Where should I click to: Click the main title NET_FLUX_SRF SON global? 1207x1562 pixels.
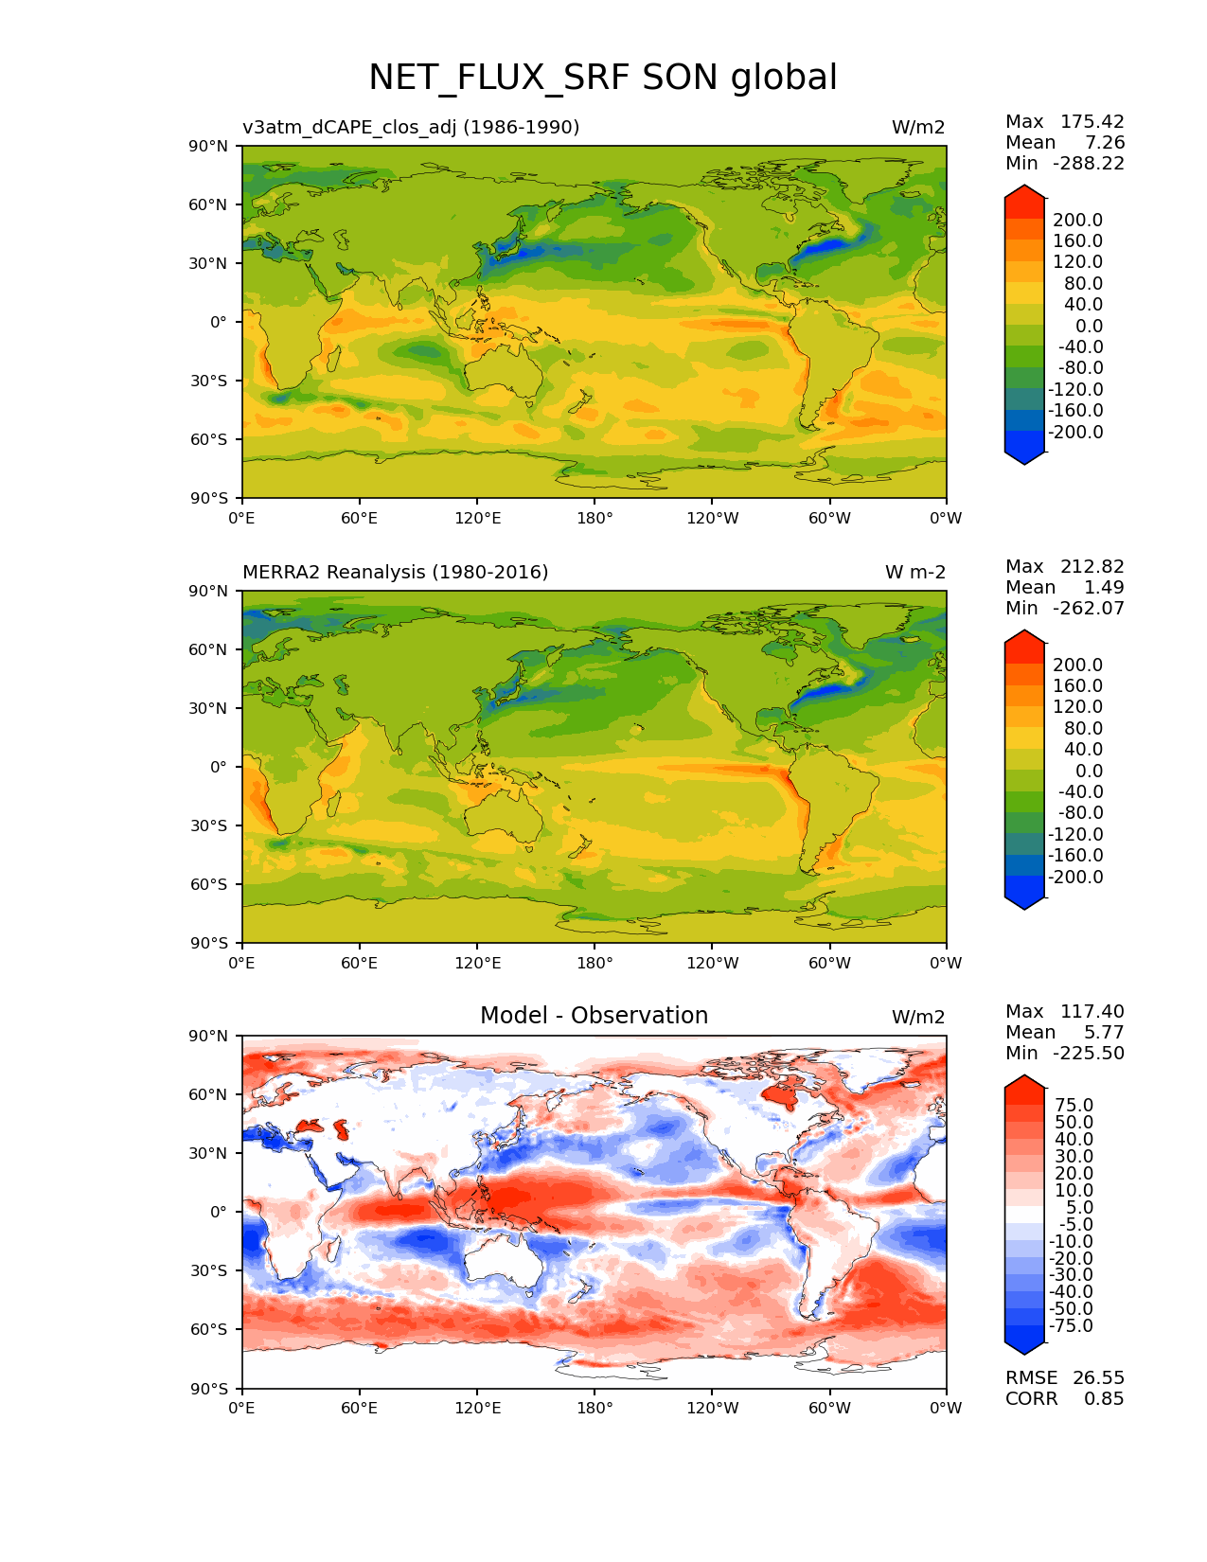pyautogui.click(x=602, y=78)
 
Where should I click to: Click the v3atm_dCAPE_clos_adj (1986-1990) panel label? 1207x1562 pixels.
pyautogui.click(x=411, y=127)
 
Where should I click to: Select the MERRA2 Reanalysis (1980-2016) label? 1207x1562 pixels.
pyautogui.click(x=395, y=572)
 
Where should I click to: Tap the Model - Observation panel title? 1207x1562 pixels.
pyautogui.click(x=594, y=1016)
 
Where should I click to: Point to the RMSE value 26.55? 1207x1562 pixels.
pyautogui.click(x=1098, y=1377)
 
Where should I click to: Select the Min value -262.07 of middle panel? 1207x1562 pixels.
pyautogui.click(x=1088, y=608)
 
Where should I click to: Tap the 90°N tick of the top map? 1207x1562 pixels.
pyautogui.click(x=209, y=146)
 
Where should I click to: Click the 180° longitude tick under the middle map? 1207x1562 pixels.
pyautogui.click(x=595, y=963)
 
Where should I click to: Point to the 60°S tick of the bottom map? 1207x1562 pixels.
pyautogui.click(x=209, y=1329)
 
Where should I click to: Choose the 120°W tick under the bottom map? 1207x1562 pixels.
pyautogui.click(x=712, y=1408)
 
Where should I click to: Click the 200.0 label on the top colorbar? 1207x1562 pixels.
pyautogui.click(x=1077, y=220)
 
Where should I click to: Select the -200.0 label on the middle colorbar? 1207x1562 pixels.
pyautogui.click(x=1075, y=877)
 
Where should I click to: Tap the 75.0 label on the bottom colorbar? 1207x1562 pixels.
pyautogui.click(x=1073, y=1105)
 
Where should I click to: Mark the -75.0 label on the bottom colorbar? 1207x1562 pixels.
pyautogui.click(x=1071, y=1325)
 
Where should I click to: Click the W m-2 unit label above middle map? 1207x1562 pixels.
pyautogui.click(x=914, y=572)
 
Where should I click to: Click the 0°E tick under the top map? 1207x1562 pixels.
pyautogui.click(x=242, y=518)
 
